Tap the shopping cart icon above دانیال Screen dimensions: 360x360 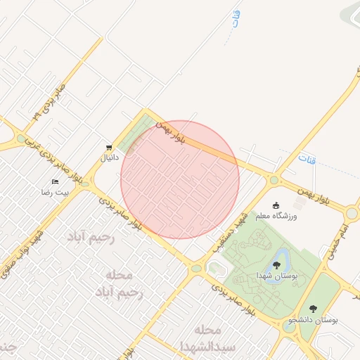click(108, 148)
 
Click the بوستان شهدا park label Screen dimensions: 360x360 click(277, 275)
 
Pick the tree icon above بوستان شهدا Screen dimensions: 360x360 click(276, 265)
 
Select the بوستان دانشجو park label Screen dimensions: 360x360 click(313, 320)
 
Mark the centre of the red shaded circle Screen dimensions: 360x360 click(180, 179)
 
